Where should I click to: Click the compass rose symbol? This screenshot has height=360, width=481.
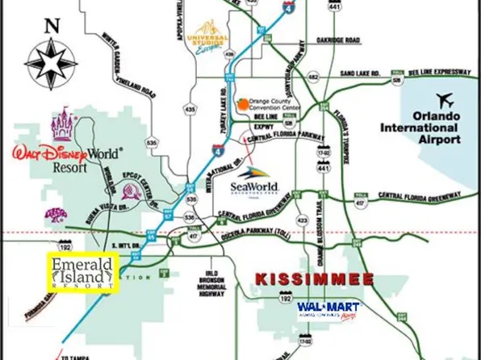[x=52, y=63]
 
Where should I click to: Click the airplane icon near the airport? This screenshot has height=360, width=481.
[x=443, y=101]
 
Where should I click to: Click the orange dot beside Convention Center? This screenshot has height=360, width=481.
[x=240, y=103]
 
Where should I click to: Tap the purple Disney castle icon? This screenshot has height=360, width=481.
[x=62, y=126]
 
